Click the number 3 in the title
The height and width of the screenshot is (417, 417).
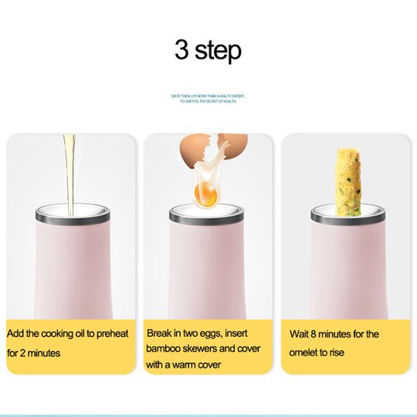[x=182, y=51]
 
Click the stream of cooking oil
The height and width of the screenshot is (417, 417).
[x=69, y=172]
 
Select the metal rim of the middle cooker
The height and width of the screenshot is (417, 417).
[x=207, y=215]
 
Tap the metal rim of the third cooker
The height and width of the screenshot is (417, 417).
[x=348, y=215]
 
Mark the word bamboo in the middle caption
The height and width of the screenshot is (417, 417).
[x=163, y=348]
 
